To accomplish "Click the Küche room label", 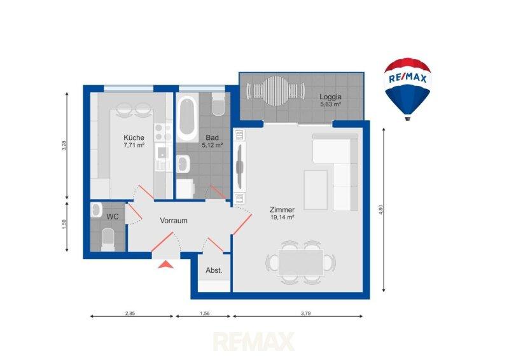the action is pyautogui.click(x=134, y=137).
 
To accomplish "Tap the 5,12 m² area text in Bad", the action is pyautogui.click(x=213, y=145).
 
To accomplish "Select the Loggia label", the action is pyautogui.click(x=330, y=97).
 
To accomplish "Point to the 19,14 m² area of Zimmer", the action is pyautogui.click(x=282, y=218).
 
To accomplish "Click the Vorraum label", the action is pyautogui.click(x=174, y=221).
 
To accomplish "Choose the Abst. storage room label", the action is pyautogui.click(x=214, y=270).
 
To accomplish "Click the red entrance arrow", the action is pyautogui.click(x=165, y=265).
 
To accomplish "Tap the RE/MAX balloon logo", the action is pyautogui.click(x=408, y=88).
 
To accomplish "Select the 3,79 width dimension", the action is pyautogui.click(x=305, y=314).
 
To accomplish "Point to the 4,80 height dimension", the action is pyautogui.click(x=381, y=209).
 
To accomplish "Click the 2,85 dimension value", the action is pyautogui.click(x=130, y=314).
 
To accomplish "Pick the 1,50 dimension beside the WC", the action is pyautogui.click(x=64, y=225).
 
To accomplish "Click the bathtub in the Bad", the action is pyautogui.click(x=187, y=117).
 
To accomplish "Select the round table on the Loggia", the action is pyautogui.click(x=275, y=90).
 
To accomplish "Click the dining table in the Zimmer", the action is pyautogui.click(x=300, y=263).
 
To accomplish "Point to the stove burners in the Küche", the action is pyautogui.click(x=163, y=132).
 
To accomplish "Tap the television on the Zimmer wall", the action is pyautogui.click(x=240, y=167).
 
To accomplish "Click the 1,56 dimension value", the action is pyautogui.click(x=204, y=314).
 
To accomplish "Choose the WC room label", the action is pyautogui.click(x=113, y=216).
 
